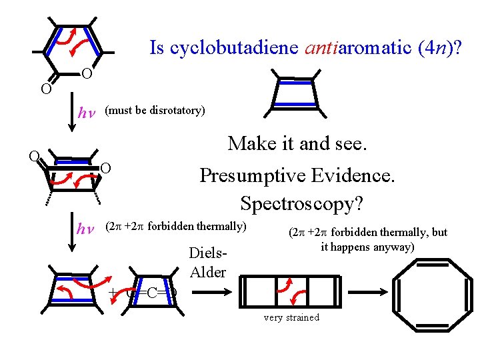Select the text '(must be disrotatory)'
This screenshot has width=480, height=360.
point(155,111)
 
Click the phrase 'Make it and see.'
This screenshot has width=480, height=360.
point(298,143)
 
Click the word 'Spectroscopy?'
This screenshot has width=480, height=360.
point(301,203)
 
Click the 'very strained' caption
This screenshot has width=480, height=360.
point(291,317)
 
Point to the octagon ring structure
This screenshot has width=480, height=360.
point(431,291)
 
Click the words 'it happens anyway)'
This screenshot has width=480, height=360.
point(367,247)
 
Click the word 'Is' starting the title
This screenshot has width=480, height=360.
point(156,48)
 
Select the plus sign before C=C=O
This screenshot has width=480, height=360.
point(113,292)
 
